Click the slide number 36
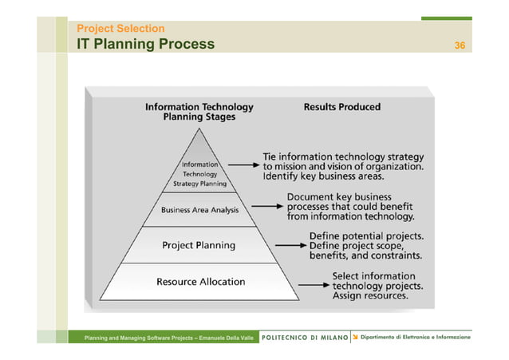(460, 45)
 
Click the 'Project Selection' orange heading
(120, 29)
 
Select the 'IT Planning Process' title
(145, 44)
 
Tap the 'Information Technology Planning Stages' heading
(199, 111)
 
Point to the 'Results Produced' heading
(341, 106)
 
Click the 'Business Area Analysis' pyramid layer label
(199, 210)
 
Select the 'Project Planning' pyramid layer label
(199, 245)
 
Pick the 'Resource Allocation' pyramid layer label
(200, 282)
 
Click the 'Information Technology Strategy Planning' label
(199, 173)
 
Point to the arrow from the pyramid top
(243, 167)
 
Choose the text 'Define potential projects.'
(366, 236)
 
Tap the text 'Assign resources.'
(370, 295)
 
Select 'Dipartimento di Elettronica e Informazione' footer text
(415, 338)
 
